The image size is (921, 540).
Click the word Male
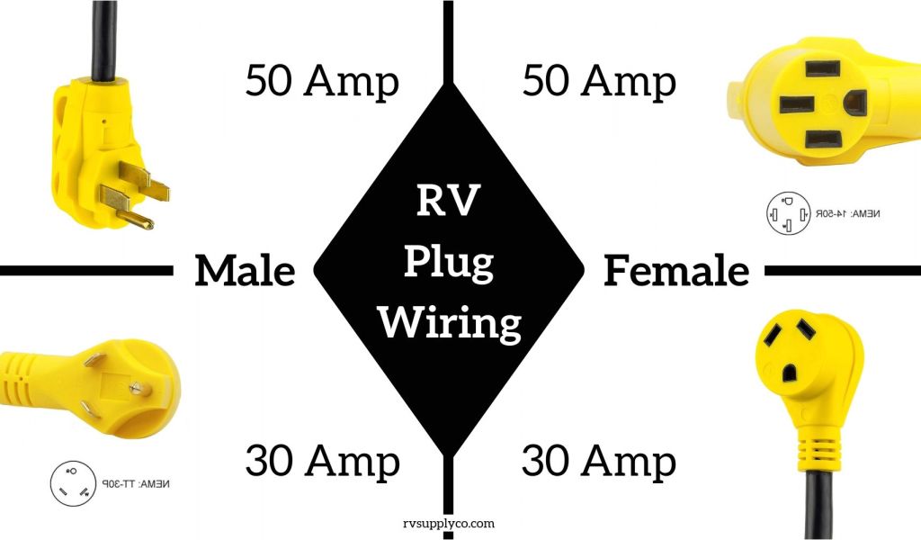click(x=245, y=271)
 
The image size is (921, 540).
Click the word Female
click(x=676, y=271)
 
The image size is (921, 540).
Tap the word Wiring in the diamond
click(x=450, y=321)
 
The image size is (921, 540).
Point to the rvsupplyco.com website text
click(x=449, y=522)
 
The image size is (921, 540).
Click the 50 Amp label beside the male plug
click(x=322, y=82)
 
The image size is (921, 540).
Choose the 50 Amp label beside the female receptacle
click(x=599, y=82)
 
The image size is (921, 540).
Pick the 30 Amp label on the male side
click(x=322, y=462)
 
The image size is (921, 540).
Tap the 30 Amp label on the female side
click(x=599, y=462)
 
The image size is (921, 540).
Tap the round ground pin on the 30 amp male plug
click(x=134, y=389)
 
